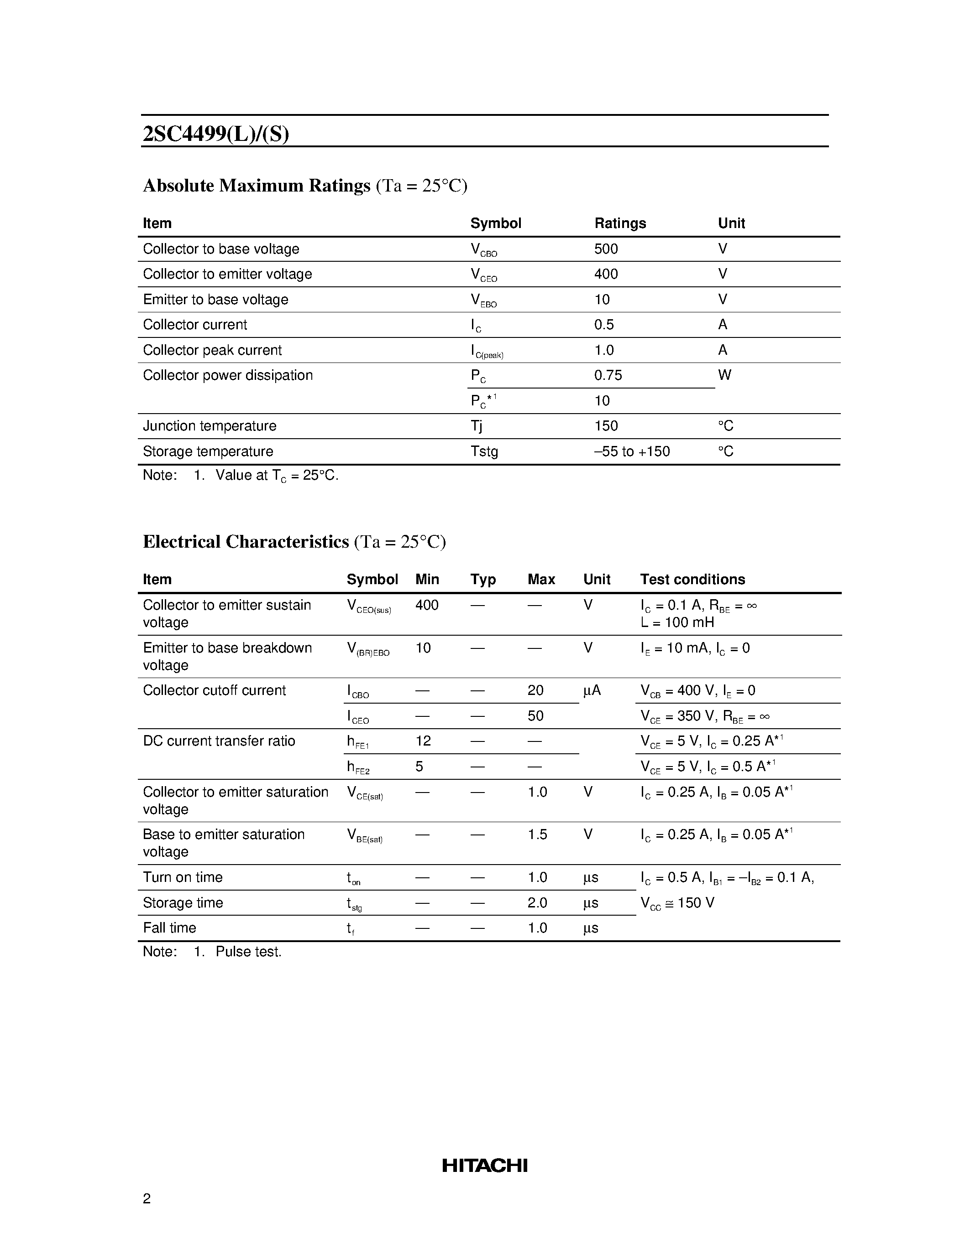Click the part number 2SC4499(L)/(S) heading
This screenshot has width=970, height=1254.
[215, 134]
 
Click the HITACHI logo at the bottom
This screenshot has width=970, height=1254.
[484, 1166]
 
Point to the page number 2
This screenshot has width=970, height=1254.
[147, 1198]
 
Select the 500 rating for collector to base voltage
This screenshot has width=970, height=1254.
[606, 249]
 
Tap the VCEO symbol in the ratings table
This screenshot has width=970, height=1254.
[483, 275]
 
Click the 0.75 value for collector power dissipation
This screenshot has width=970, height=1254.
[608, 375]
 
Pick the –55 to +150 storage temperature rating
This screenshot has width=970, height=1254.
[632, 451]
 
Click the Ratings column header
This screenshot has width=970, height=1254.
[619, 223]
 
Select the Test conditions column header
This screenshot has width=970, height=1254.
[692, 579]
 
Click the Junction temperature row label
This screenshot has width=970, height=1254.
[209, 425]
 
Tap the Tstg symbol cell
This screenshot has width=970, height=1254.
[484, 451]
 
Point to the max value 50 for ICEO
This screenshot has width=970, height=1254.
[535, 715]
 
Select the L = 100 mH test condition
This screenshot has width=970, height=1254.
[677, 622]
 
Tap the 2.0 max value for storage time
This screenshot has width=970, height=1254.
[537, 902]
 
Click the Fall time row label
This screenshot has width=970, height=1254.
[169, 928]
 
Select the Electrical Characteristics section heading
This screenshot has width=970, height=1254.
[246, 541]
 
